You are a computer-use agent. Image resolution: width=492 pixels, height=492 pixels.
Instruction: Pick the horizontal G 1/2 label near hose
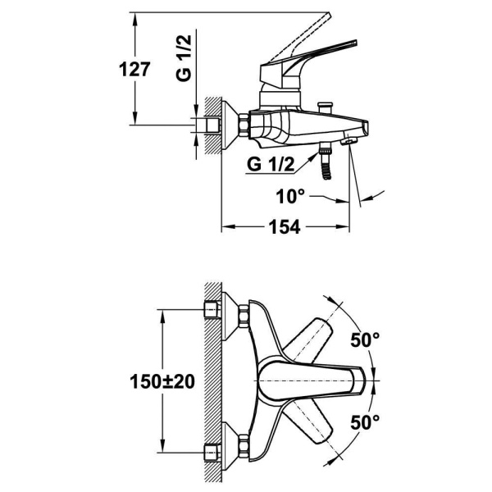click(x=268, y=164)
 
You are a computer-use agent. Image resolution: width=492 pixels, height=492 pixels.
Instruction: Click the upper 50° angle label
click(x=366, y=339)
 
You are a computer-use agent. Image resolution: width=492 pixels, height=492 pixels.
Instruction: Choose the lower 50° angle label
click(x=366, y=423)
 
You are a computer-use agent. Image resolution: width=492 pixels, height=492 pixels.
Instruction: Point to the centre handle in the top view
click(x=312, y=381)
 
